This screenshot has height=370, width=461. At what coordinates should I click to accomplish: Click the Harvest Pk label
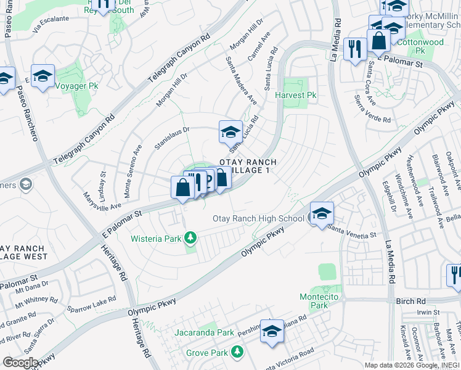[296, 96]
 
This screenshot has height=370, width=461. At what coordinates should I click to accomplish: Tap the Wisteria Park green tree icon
[191, 237]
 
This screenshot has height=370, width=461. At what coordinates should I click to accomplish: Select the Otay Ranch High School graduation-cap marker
[321, 214]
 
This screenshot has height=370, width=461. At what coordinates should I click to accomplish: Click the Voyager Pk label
[76, 86]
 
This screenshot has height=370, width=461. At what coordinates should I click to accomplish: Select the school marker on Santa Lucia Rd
[230, 131]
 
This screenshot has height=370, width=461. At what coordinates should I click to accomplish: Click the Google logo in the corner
[20, 363]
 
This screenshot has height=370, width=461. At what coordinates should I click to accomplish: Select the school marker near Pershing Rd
[272, 331]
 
